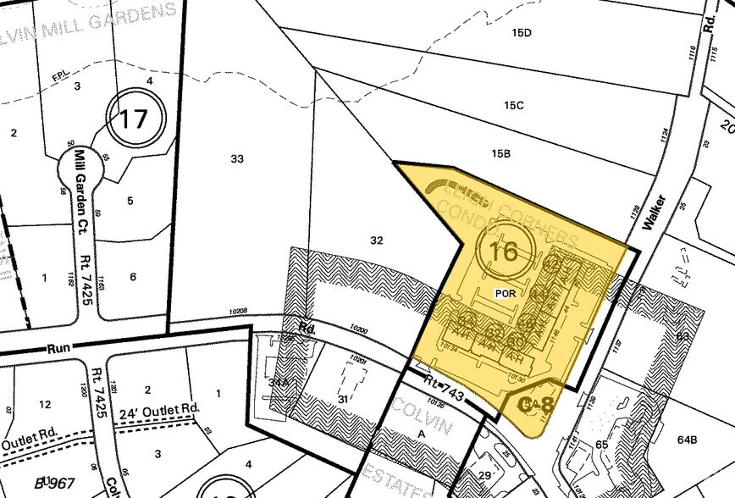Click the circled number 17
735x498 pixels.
pos(133,119)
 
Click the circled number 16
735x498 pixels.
pos(504,251)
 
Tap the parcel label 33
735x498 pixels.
pos(237,158)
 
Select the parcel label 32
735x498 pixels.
pos(377,241)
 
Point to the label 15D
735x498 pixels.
pos(521,33)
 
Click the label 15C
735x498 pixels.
pos(513,106)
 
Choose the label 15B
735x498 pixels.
pos(501,153)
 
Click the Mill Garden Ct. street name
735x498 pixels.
pos(82,181)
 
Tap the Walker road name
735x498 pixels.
pos(653,212)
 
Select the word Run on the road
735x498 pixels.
pos(58,349)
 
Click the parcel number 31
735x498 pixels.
pos(343,399)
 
